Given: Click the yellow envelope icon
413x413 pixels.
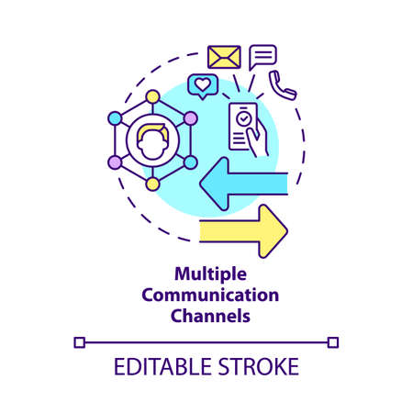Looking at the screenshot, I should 225,58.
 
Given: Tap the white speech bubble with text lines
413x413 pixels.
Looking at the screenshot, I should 262,57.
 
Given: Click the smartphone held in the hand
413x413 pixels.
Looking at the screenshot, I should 244,126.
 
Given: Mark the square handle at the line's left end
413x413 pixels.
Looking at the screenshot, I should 78,343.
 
